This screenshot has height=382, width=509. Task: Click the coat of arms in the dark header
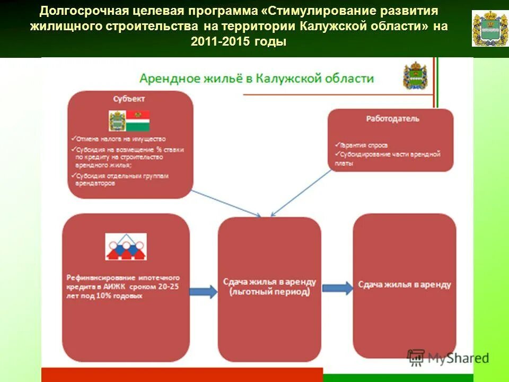point(489,28)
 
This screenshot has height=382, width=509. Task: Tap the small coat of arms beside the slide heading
point(415,75)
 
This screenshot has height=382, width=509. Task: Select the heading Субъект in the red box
point(129,99)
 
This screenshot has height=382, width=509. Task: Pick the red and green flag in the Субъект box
point(137,121)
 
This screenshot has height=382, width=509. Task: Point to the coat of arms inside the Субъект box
point(116,121)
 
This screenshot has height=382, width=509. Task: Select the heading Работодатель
point(392,119)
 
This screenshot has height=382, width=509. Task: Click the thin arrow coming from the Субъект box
point(225,203)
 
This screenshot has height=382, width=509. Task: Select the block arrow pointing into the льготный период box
point(203,291)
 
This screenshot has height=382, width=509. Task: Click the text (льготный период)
point(269,292)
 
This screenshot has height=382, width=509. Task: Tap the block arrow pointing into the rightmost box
point(337,288)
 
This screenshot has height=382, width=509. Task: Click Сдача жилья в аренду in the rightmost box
point(404,285)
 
